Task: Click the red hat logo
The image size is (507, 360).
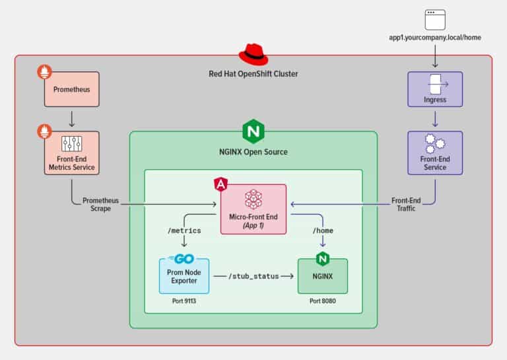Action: click(x=253, y=54)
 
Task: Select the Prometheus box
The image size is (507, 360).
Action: click(x=72, y=89)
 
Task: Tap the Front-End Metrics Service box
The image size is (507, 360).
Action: click(x=72, y=153)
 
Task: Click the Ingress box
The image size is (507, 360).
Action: click(x=435, y=89)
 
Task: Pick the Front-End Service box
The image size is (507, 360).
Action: click(x=435, y=153)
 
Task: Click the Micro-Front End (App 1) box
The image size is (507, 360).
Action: click(x=253, y=209)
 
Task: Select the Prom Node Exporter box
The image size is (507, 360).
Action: click(x=184, y=276)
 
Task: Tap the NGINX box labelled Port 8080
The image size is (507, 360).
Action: click(x=323, y=276)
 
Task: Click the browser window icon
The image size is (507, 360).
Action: click(x=435, y=20)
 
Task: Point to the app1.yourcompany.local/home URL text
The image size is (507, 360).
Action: click(x=435, y=38)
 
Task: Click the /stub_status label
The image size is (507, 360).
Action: click(x=253, y=276)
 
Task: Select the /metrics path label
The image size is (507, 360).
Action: click(x=184, y=231)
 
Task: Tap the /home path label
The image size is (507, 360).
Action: click(x=323, y=231)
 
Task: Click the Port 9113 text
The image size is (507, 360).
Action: click(x=184, y=301)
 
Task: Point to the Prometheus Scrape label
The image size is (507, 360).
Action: click(x=100, y=204)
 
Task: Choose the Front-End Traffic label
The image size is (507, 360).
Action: click(x=406, y=204)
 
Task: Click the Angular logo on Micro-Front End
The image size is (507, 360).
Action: click(x=221, y=184)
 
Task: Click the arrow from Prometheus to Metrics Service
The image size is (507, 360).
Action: click(x=72, y=119)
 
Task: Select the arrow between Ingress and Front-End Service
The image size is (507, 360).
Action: click(x=435, y=119)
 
